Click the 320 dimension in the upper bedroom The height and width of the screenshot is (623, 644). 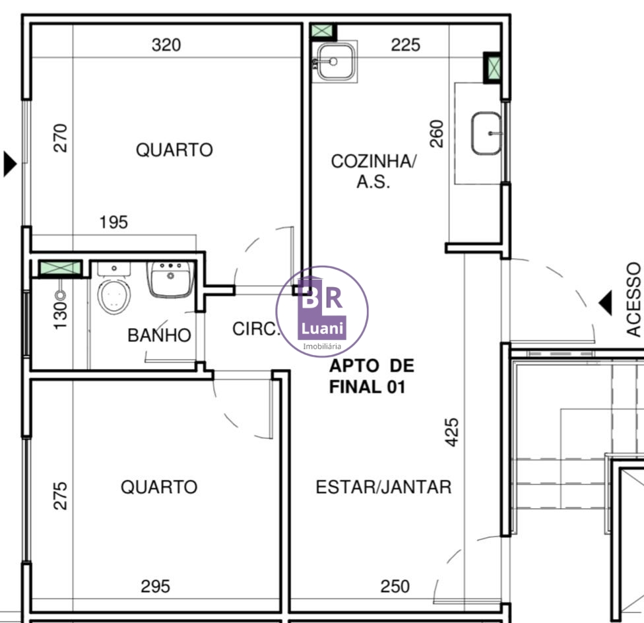click(x=166, y=45)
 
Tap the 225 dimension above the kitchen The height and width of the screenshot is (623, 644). click(x=405, y=45)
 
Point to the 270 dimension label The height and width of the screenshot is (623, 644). click(x=61, y=138)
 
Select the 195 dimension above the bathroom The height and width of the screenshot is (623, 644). click(x=113, y=222)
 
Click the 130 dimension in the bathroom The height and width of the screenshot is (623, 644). click(x=61, y=315)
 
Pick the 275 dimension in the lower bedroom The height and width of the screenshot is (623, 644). click(x=61, y=496)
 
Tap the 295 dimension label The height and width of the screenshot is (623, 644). click(x=155, y=587)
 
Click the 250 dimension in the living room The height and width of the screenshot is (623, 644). click(x=395, y=587)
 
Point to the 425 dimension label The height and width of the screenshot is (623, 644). click(x=452, y=432)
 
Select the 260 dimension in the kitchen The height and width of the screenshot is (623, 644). click(x=437, y=134)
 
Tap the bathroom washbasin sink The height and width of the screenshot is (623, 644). click(x=170, y=279)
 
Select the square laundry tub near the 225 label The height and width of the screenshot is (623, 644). click(x=335, y=61)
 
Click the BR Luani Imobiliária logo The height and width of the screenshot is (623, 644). click(x=322, y=311)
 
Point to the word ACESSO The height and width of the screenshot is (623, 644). click(x=633, y=300)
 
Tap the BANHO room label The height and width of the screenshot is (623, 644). click(x=160, y=335)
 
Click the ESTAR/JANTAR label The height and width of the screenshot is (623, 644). click(x=383, y=487)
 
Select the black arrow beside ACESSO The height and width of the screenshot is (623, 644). click(x=605, y=303)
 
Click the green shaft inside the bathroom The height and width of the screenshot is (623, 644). click(x=61, y=268)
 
